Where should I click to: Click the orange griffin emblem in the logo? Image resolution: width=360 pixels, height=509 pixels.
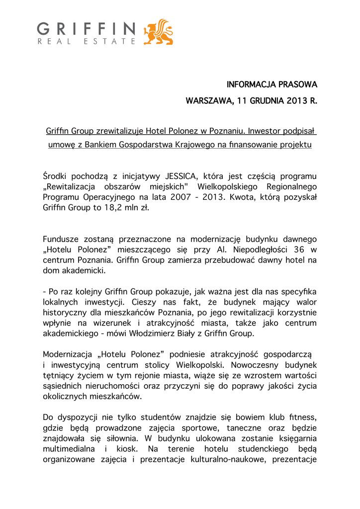(x=158, y=32)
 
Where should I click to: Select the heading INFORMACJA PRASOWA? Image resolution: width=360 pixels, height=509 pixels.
(x=272, y=84)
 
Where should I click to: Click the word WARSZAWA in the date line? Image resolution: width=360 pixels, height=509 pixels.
(x=208, y=102)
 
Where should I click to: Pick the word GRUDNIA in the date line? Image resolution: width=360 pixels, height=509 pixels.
(x=268, y=102)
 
